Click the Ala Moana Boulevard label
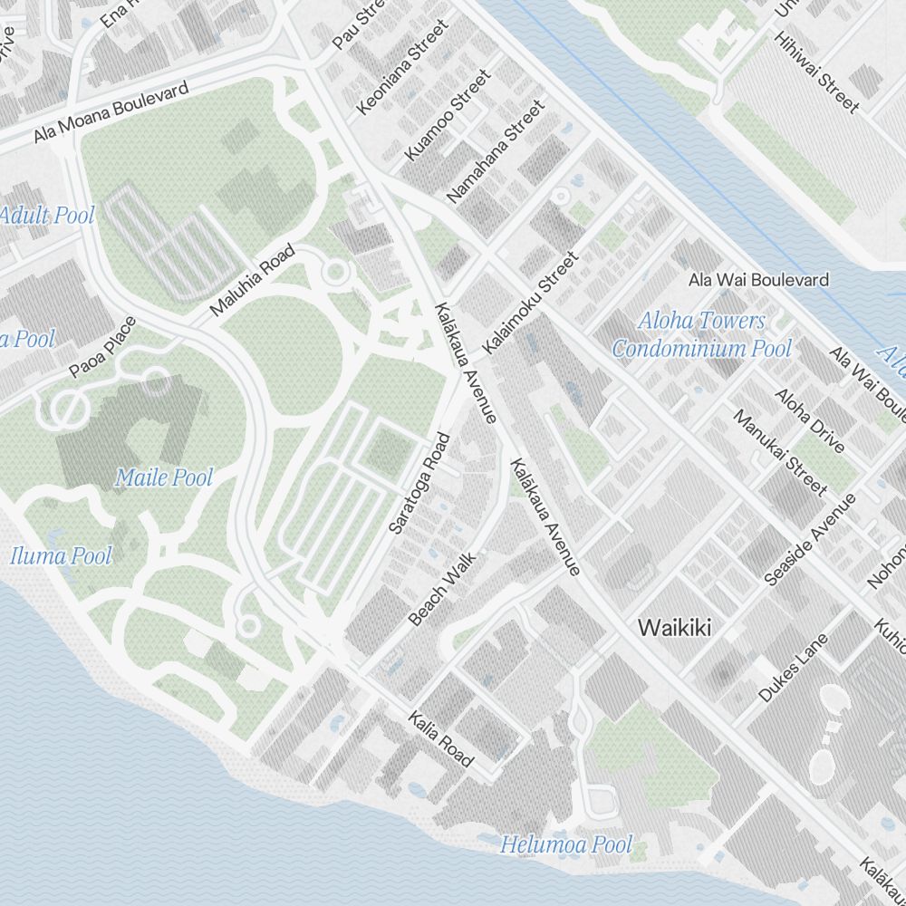pos(111,112)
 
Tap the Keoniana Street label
pos(403,68)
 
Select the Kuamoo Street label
pos(448,115)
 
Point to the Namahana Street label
pos(496,151)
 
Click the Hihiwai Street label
pos(815,72)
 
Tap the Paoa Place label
pos(102,347)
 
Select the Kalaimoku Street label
pos(530,304)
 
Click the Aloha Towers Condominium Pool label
pos(701,334)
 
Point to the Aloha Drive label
pos(810,420)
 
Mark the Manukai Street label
pos(780,452)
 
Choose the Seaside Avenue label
pos(810,540)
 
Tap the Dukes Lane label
pos(794,668)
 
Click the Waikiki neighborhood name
pos(675,627)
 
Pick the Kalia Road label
pos(440,738)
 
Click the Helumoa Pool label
pos(566,845)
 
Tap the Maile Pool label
pos(164,477)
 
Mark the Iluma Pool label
pos(62,555)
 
